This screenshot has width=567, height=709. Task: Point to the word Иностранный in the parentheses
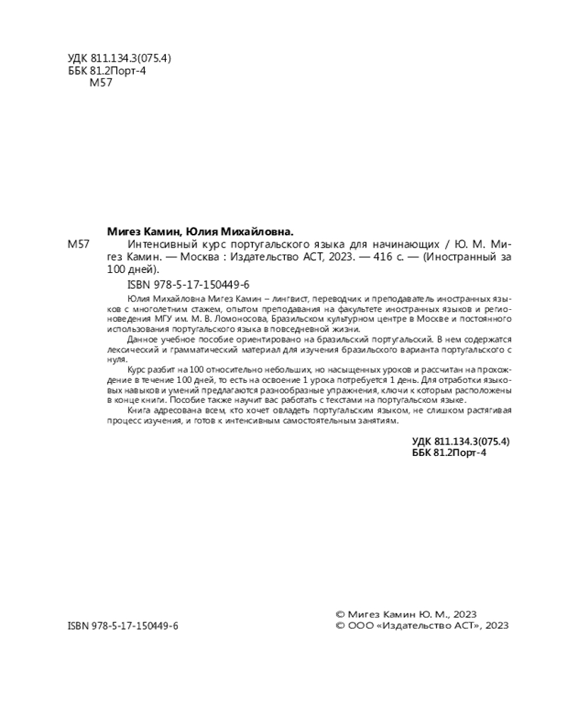460,257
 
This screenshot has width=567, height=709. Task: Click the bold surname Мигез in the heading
125,231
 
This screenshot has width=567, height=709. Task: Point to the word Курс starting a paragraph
137,372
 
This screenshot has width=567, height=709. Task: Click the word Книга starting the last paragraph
140,411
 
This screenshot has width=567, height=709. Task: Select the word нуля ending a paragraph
115,360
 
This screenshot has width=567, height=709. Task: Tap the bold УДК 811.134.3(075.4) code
461,441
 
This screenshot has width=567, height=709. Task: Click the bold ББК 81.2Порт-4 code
449,453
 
